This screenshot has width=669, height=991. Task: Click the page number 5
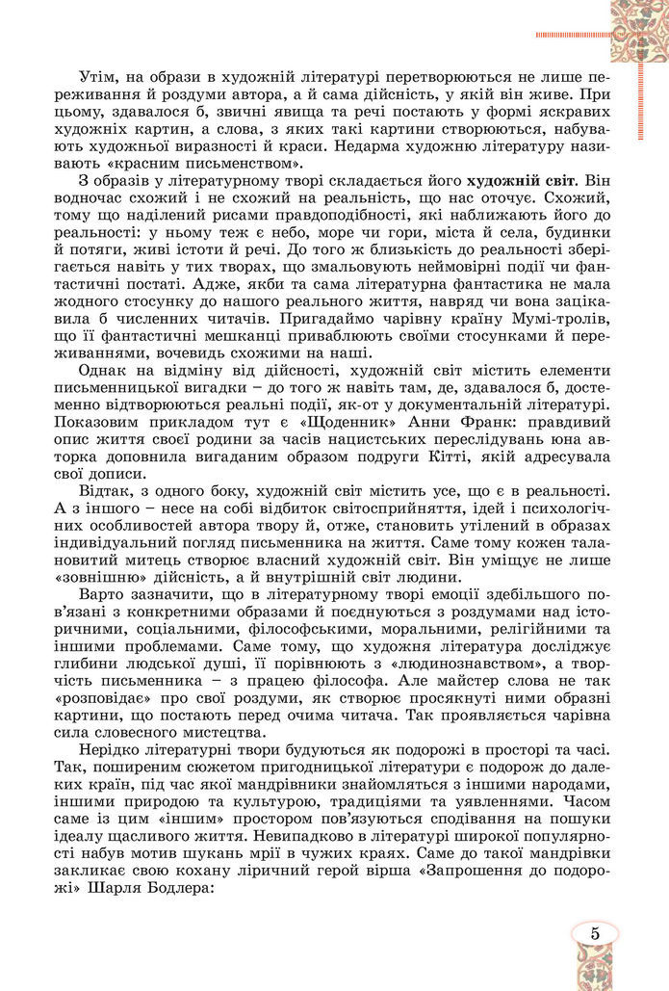point(595,932)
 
